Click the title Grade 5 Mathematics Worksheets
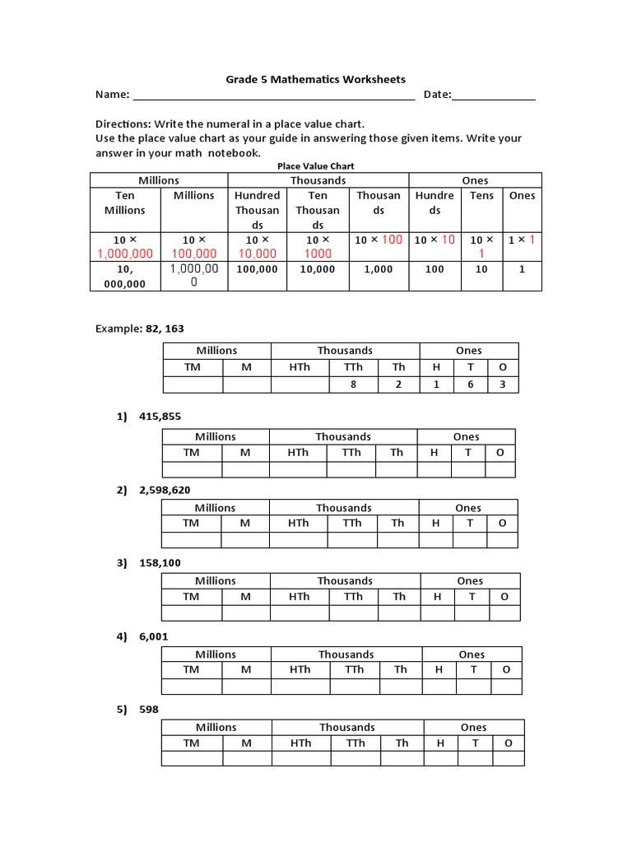tap(316, 80)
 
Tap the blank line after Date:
tap(493, 95)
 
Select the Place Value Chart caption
tap(316, 165)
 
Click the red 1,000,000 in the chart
tap(125, 254)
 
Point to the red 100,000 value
tap(194, 254)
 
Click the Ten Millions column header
tap(125, 203)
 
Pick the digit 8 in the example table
tap(353, 384)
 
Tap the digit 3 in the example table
tap(504, 384)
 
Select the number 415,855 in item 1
tap(160, 417)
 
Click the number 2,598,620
tap(165, 490)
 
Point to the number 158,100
tap(160, 563)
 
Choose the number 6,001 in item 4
tap(154, 636)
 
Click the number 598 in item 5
tap(149, 709)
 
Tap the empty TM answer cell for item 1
tap(192, 469)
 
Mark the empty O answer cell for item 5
tap(509, 758)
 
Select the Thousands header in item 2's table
tap(343, 508)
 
